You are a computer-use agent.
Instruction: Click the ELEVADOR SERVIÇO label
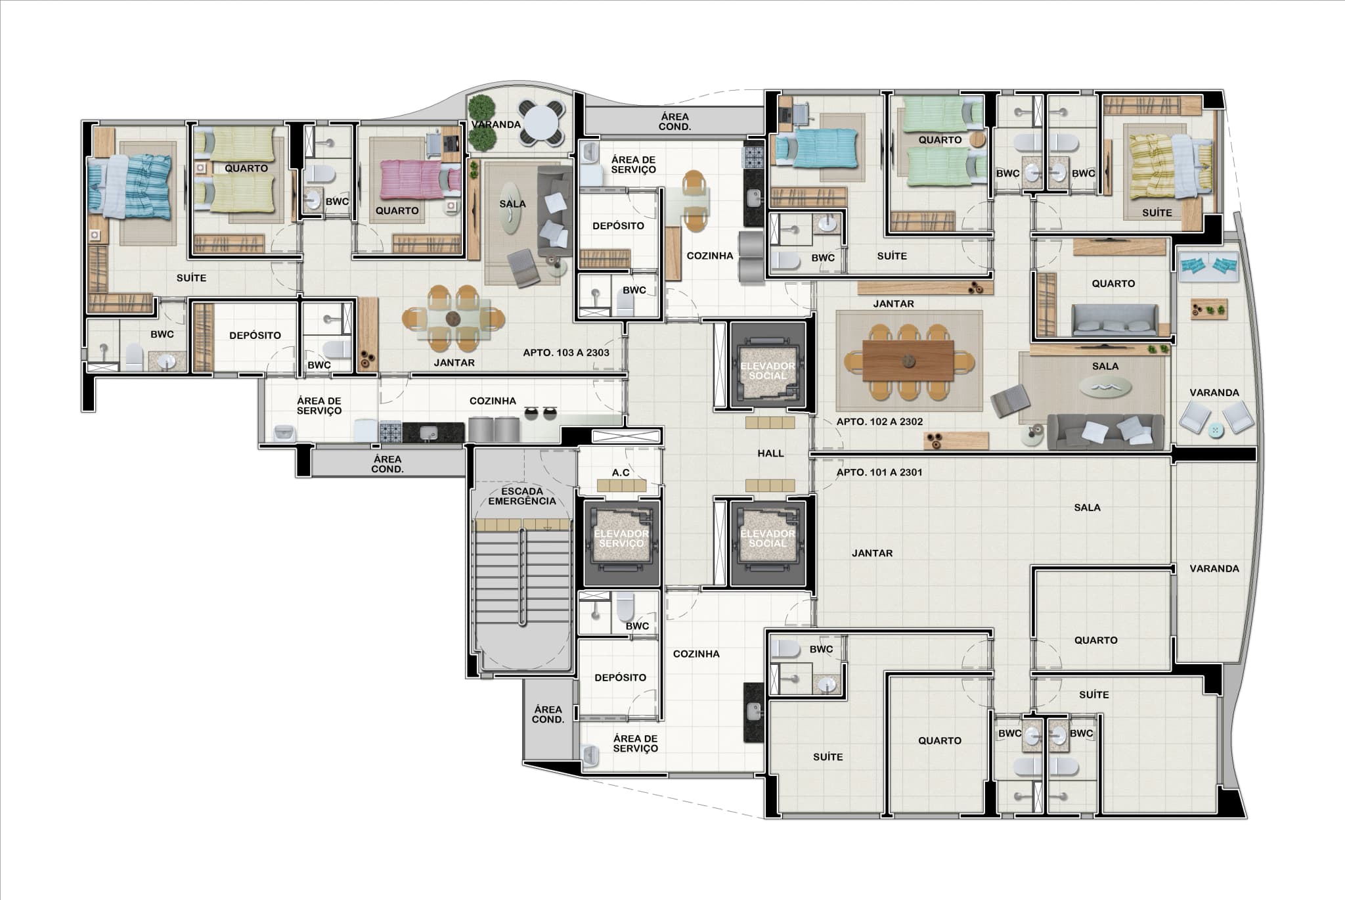coord(621,539)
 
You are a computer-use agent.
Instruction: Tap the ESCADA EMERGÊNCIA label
coord(522,496)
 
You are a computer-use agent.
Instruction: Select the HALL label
coord(770,453)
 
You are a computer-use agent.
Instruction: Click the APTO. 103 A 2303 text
coord(566,353)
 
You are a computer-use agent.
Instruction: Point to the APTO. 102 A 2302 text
coord(879,422)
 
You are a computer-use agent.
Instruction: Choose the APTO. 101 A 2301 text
coord(879,472)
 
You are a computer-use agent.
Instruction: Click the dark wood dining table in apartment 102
coord(908,361)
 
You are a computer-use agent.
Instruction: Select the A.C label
coord(621,473)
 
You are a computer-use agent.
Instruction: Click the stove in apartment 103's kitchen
coord(391,432)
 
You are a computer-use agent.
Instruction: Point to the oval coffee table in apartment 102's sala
coord(1105,387)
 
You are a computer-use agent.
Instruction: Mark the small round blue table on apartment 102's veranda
coord(1215,430)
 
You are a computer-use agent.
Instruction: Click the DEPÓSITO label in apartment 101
coord(621,678)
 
